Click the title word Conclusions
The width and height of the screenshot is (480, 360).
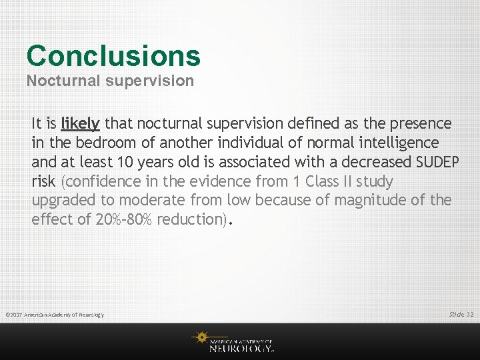pos(113,56)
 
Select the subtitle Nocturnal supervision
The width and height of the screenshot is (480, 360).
pos(110,81)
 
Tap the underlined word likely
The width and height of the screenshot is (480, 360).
pos(80,123)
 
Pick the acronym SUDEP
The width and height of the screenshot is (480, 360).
pos(437,162)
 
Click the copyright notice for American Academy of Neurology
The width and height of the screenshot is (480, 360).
pos(55,315)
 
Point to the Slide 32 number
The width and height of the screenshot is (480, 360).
pos(461,314)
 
